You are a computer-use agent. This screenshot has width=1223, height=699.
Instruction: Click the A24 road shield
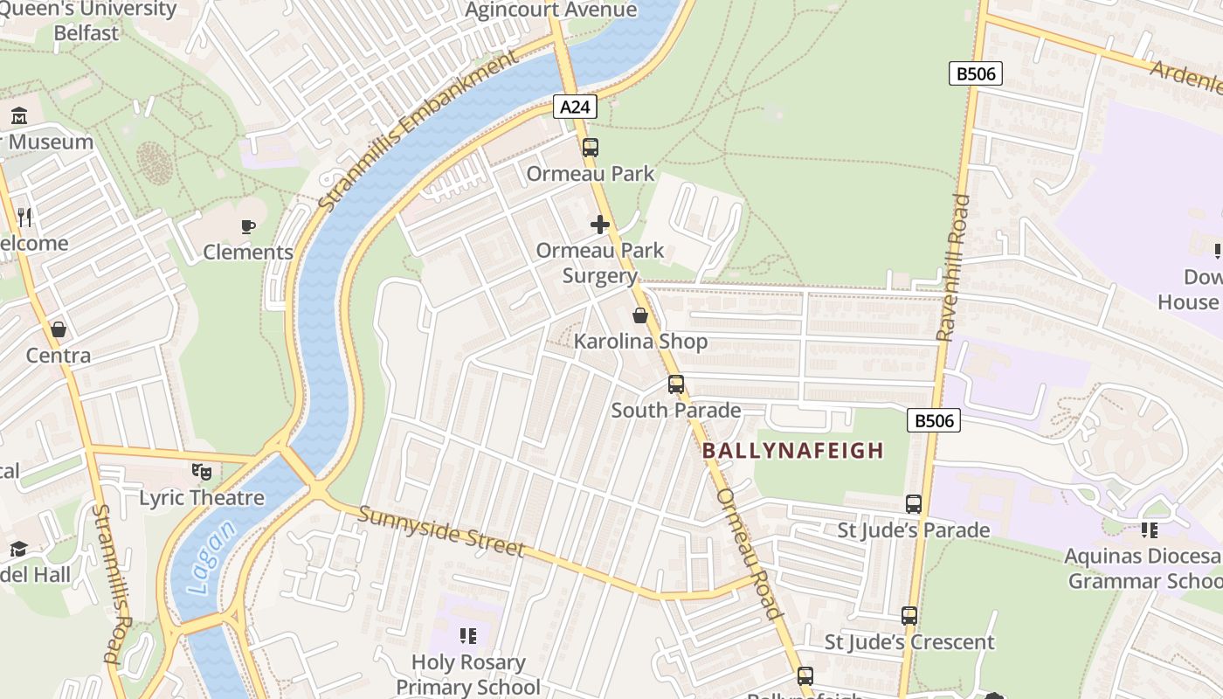pyautogui.click(x=575, y=107)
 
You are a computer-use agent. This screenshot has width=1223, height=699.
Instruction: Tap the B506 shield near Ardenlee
pyautogui.click(x=975, y=73)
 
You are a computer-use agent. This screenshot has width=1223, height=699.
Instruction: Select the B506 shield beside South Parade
pyautogui.click(x=934, y=421)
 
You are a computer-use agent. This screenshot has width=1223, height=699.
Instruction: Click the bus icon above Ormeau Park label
pyautogui.click(x=591, y=147)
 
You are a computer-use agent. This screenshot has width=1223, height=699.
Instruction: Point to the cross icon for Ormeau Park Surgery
pyautogui.click(x=600, y=225)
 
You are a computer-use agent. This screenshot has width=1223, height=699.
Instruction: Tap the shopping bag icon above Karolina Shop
pyautogui.click(x=640, y=315)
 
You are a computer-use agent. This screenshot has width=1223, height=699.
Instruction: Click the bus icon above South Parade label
pyautogui.click(x=675, y=384)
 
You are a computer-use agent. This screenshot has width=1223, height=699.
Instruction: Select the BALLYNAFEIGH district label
pyautogui.click(x=793, y=451)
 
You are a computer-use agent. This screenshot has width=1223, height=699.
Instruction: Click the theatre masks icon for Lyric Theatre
pyautogui.click(x=202, y=472)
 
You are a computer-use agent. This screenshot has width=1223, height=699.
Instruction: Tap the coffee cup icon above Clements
pyautogui.click(x=248, y=227)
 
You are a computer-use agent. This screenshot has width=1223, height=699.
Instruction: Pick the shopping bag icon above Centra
pyautogui.click(x=59, y=329)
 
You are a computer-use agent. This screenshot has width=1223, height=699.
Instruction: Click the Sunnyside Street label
pyautogui.click(x=441, y=530)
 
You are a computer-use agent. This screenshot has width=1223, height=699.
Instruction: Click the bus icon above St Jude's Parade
pyautogui.click(x=914, y=504)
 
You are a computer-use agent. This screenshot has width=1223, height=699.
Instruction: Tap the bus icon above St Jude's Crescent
pyautogui.click(x=909, y=616)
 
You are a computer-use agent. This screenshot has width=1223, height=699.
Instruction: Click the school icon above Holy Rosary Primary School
pyautogui.click(x=468, y=636)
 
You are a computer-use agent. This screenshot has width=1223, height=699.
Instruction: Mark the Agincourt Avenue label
pyautogui.click(x=551, y=10)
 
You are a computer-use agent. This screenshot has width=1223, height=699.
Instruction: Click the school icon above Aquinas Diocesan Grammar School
pyautogui.click(x=1150, y=530)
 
